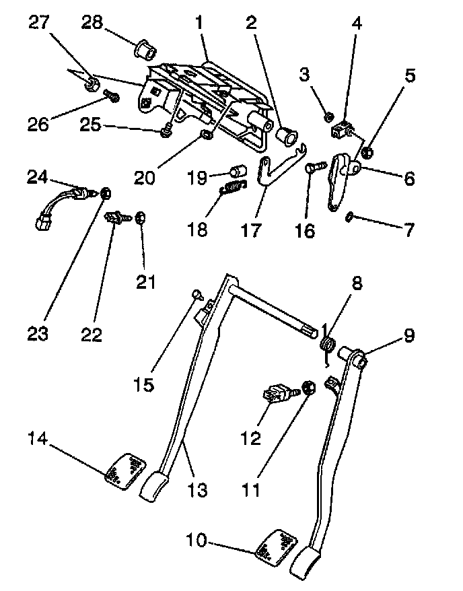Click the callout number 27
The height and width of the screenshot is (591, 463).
click(39, 23)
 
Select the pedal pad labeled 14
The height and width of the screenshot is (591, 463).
click(127, 469)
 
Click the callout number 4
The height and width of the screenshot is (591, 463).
click(356, 23)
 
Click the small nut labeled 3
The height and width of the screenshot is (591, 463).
click(328, 117)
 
